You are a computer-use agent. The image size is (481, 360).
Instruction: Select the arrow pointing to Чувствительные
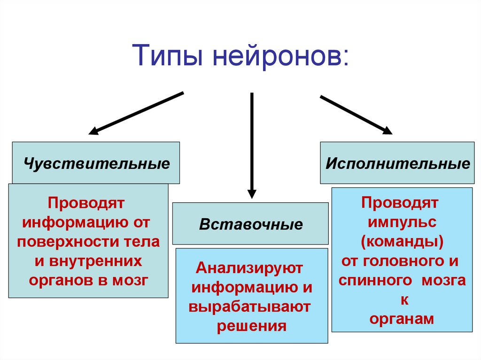(x=136, y=113)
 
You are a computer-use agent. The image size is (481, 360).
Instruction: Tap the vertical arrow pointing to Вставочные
(x=252, y=146)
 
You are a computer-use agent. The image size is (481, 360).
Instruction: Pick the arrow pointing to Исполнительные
(x=356, y=115)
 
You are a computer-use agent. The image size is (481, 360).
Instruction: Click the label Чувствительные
(x=97, y=164)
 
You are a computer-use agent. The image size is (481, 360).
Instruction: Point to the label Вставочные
(x=251, y=224)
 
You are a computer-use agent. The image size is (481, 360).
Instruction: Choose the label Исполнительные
(x=397, y=164)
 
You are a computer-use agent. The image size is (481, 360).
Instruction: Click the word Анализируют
(x=250, y=269)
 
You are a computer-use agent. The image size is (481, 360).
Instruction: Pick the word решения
(x=251, y=326)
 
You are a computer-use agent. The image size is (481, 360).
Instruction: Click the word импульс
(x=403, y=222)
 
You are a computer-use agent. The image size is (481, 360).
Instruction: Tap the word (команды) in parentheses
(x=402, y=242)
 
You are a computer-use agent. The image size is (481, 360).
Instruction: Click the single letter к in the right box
(x=403, y=299)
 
